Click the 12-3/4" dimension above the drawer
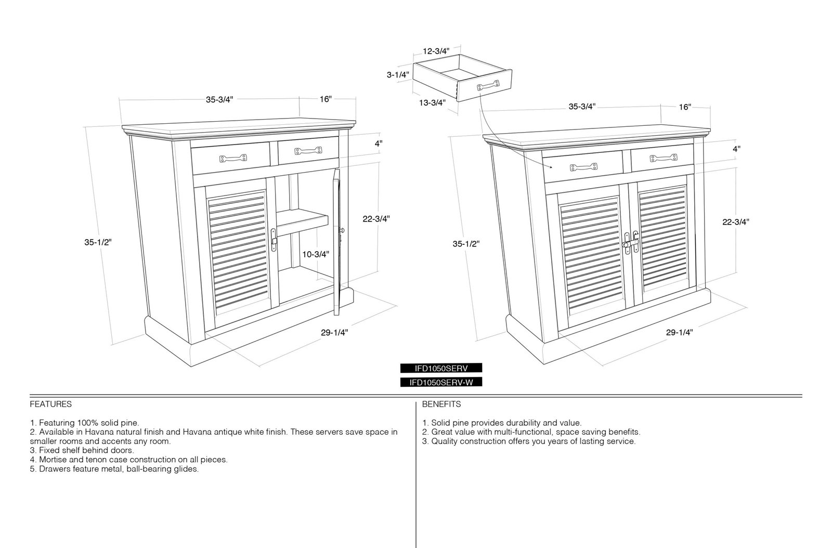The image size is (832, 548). (436, 51)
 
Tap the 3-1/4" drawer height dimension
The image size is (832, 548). (398, 75)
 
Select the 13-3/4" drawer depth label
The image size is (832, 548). (432, 103)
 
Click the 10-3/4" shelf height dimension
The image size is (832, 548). (316, 254)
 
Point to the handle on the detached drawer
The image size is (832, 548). (488, 86)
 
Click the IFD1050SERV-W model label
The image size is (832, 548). (441, 383)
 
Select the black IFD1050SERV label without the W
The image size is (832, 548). (441, 368)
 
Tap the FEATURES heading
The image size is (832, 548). (51, 404)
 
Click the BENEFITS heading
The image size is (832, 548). (441, 404)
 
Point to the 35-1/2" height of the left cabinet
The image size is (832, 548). (98, 242)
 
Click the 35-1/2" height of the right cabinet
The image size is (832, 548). (466, 244)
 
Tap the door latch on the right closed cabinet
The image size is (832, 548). (631, 243)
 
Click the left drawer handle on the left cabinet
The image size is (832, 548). (233, 159)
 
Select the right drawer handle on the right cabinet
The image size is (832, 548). (664, 158)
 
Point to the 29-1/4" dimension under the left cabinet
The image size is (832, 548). (334, 333)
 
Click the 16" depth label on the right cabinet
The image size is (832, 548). (685, 107)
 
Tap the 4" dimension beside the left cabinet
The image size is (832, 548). (379, 143)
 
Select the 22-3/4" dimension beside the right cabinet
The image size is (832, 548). (735, 222)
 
